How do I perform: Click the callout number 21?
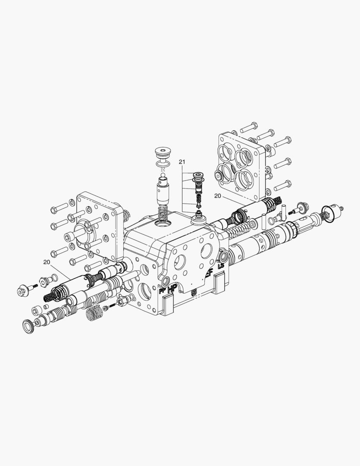(x=182, y=162)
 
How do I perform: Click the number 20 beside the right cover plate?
(x=218, y=195)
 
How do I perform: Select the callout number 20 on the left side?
(x=46, y=261)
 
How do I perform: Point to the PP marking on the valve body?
(x=163, y=292)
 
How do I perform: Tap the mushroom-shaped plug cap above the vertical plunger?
(x=163, y=153)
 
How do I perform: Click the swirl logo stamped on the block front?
(x=194, y=293)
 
